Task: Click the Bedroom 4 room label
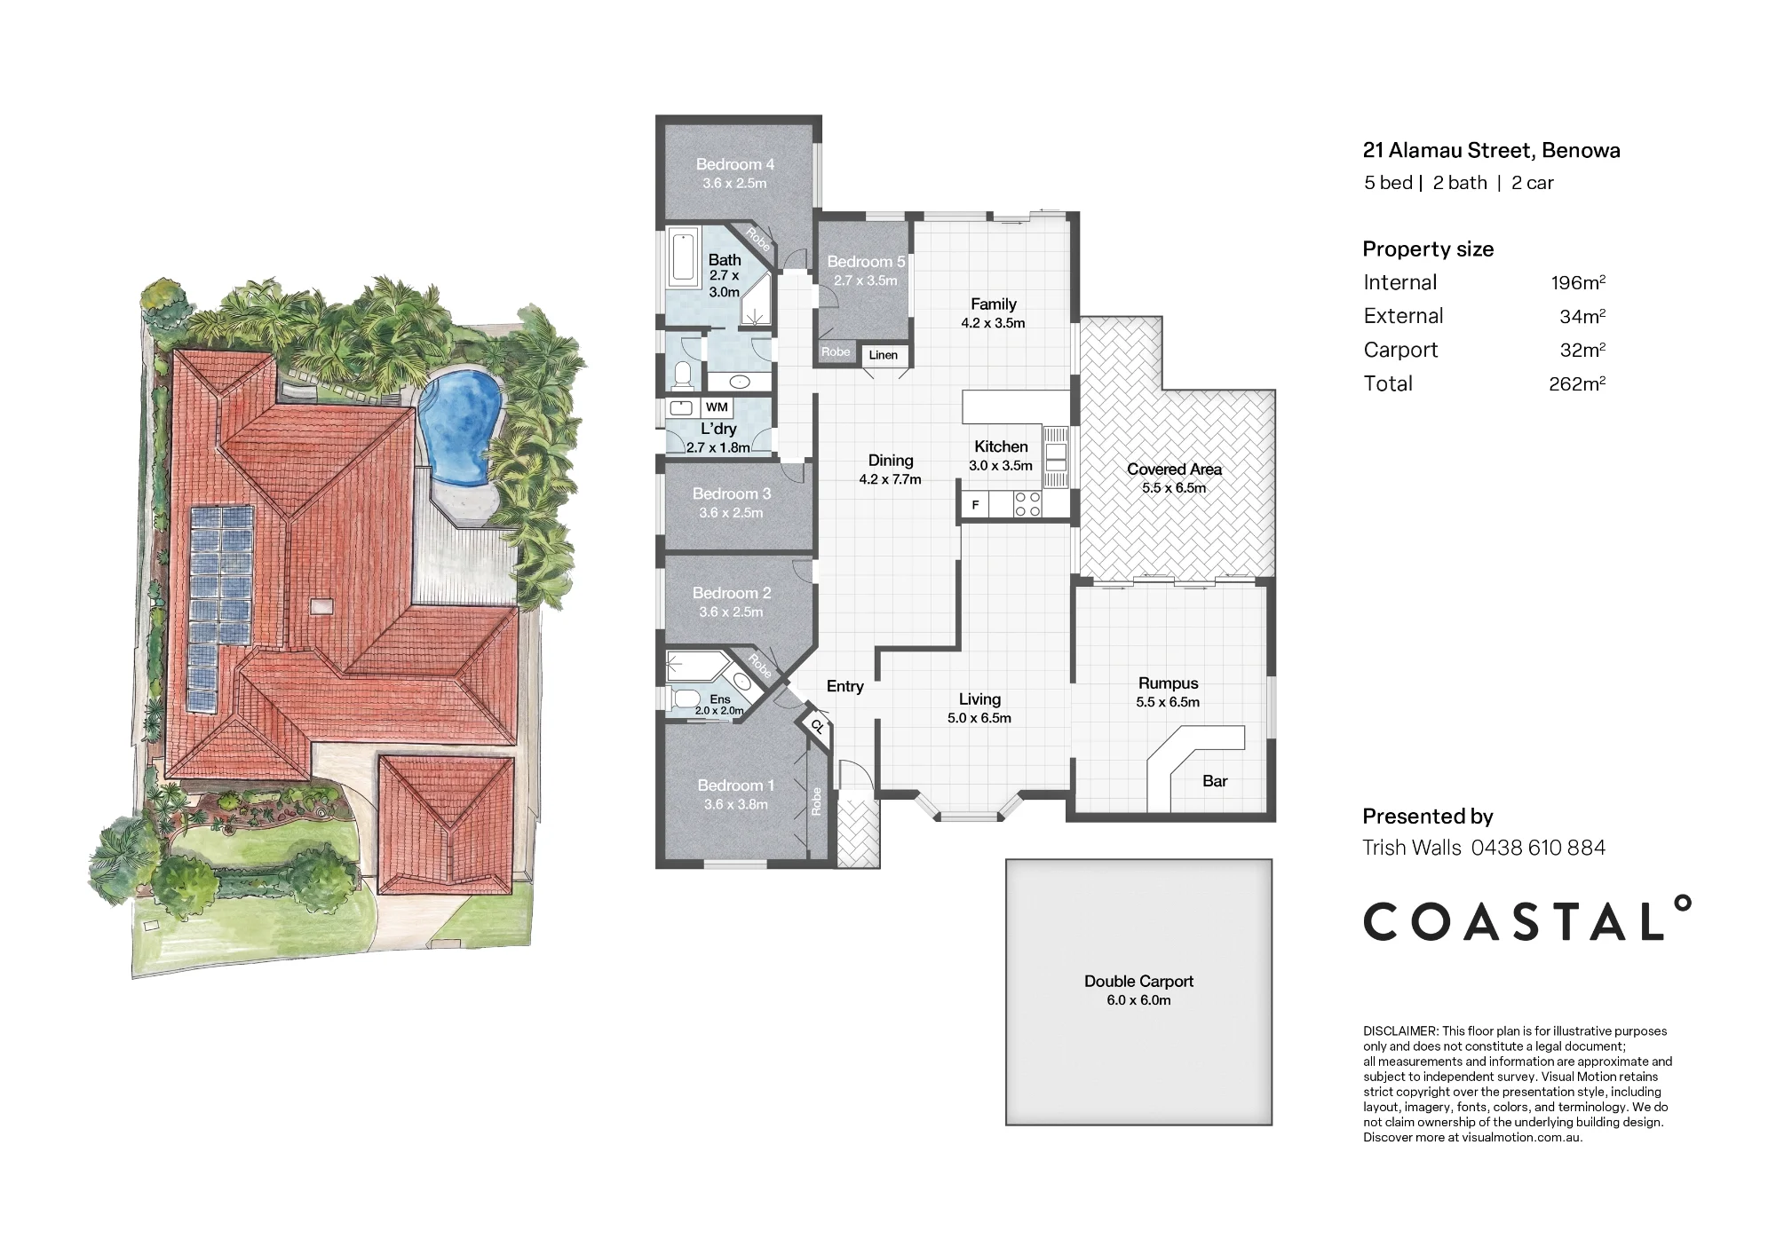pos(734,164)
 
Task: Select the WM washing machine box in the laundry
pos(717,407)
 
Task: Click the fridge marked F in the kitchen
pos(975,505)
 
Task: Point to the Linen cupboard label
pos(883,355)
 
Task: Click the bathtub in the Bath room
pos(683,257)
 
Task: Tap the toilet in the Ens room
pos(686,700)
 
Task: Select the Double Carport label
pos(1138,981)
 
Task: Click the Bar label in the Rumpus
pos(1215,781)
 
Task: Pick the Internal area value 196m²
pos(1578,282)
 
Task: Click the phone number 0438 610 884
pos(1538,848)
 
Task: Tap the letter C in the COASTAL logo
pos(1384,921)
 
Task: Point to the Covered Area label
pos(1174,469)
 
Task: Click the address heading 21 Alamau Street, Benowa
pos(1491,150)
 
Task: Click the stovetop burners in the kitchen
pos(1028,505)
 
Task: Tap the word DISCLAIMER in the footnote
pos(1399,1031)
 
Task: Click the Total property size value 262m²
pos(1577,383)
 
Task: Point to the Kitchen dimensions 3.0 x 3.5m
pos(1001,466)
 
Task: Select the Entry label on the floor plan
pos(844,686)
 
